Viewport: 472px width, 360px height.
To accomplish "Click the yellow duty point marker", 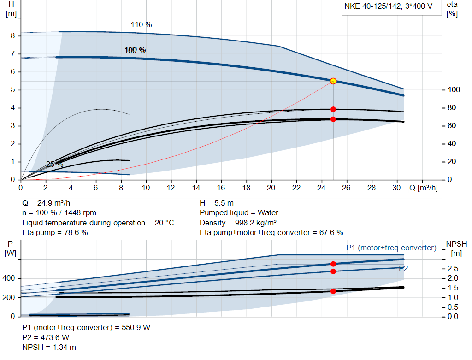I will (x=333, y=81).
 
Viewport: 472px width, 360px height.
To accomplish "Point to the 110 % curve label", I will (x=141, y=25).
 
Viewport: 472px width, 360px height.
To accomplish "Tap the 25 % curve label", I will (x=55, y=165).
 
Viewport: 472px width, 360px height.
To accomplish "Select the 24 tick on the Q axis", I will (x=322, y=188).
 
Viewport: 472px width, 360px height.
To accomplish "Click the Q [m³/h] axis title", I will (x=423, y=188).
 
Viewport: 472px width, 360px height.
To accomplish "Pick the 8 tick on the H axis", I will (x=13, y=36).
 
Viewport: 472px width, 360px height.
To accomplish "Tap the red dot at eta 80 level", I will (x=333, y=109).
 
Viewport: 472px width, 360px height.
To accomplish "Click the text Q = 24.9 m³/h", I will (x=47, y=203).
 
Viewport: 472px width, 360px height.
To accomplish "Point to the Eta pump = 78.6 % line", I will (x=55, y=232).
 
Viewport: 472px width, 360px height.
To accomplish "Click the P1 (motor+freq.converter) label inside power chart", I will (x=391, y=248).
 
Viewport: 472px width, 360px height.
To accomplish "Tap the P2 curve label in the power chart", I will (x=403, y=268).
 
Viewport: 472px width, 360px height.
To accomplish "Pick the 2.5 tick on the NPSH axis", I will (x=453, y=268).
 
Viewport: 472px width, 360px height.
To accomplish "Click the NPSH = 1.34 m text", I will (x=49, y=347).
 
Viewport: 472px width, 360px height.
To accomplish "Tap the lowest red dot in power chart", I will (x=333, y=291).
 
